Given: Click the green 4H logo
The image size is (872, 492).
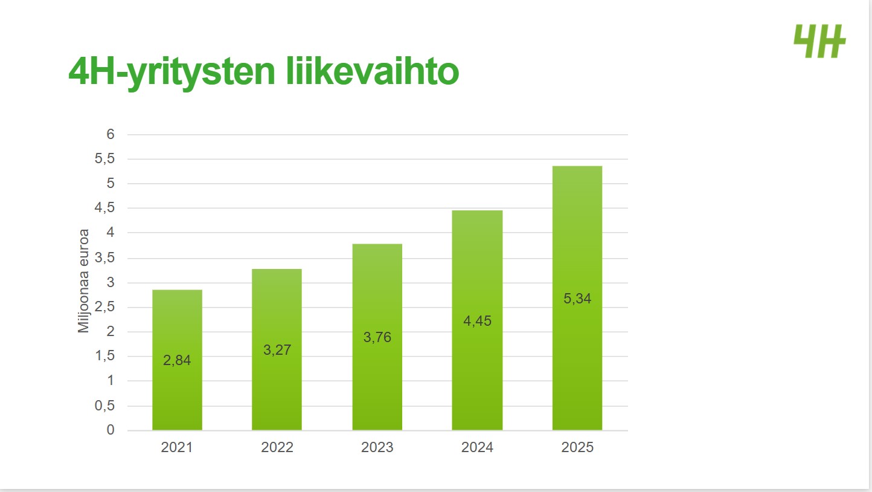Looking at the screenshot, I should pyautogui.click(x=819, y=41).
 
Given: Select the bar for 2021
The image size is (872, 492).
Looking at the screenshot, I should pyautogui.click(x=177, y=326).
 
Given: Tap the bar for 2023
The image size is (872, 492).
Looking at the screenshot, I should pyautogui.click(x=377, y=290).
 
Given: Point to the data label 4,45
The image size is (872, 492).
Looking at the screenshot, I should pyautogui.click(x=477, y=321).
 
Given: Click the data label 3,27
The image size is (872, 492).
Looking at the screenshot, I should pyautogui.click(x=277, y=349).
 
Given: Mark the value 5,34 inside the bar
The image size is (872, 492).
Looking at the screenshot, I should pyautogui.click(x=577, y=298).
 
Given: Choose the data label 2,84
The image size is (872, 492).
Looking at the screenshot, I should pyautogui.click(x=177, y=360).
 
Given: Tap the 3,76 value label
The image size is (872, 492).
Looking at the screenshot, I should pyautogui.click(x=377, y=337).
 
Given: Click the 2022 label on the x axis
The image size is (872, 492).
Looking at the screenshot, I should pyautogui.click(x=277, y=447).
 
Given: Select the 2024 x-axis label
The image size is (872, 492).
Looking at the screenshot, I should pyautogui.click(x=477, y=447).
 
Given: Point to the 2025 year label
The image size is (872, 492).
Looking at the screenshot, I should pyautogui.click(x=577, y=447).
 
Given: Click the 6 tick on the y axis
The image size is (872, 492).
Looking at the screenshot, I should pyautogui.click(x=111, y=134).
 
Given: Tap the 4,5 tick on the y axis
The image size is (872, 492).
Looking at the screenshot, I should pyautogui.click(x=104, y=208).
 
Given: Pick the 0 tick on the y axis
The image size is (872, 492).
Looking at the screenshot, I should pyautogui.click(x=111, y=430).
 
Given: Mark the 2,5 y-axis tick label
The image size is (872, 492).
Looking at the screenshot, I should pyautogui.click(x=104, y=307).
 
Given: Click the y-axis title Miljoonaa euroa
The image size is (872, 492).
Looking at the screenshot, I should pyautogui.click(x=84, y=280).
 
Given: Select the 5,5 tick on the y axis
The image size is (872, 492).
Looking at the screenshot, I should pyautogui.click(x=104, y=159).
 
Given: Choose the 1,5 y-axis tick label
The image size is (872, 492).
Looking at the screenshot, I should pyautogui.click(x=104, y=356).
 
